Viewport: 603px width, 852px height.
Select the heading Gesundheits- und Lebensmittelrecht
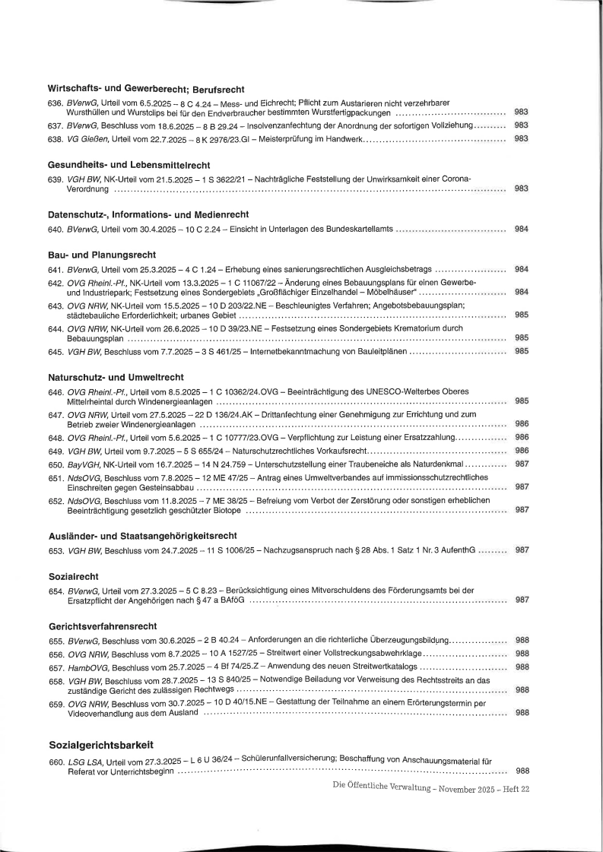pos(129,165)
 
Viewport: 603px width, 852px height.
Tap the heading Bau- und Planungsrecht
pos(102,255)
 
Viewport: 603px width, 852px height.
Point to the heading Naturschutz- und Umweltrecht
pos(116,377)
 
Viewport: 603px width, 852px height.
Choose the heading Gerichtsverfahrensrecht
pos(103,626)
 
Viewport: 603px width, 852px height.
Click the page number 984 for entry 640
pos(522,229)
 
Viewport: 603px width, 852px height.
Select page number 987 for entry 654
pos(522,600)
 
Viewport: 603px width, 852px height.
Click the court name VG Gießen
pos(87,139)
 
